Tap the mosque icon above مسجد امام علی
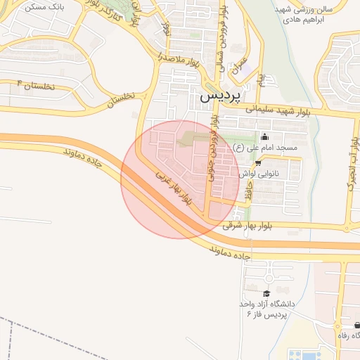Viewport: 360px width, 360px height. pos(264,136)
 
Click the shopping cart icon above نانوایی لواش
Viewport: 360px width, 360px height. pos(258,163)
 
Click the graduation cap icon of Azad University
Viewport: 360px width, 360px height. pos(266,293)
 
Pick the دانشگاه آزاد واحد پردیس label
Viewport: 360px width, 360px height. pos(266,309)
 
